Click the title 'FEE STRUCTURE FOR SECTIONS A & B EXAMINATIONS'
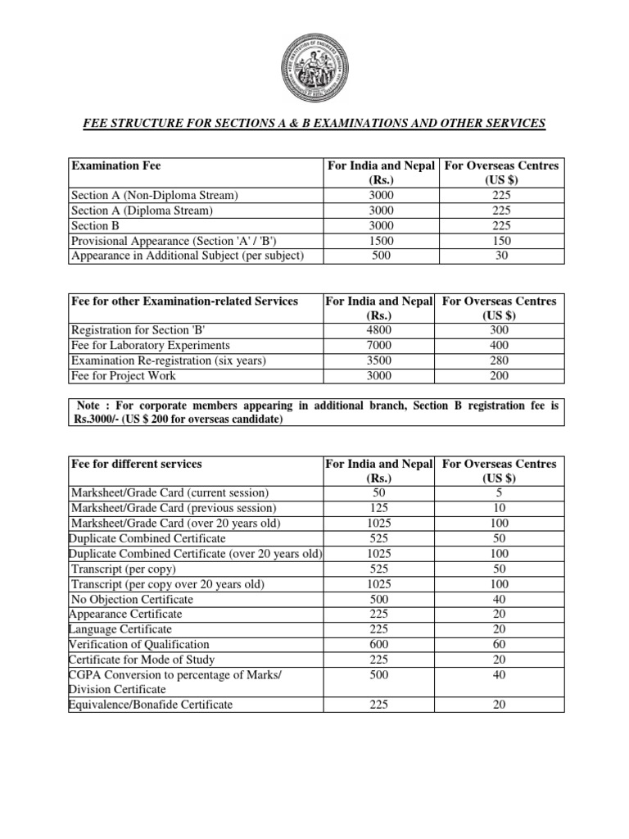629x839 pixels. (314, 123)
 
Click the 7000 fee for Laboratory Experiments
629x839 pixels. (380, 346)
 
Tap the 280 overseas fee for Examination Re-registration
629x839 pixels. (500, 361)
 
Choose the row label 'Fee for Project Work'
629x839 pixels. (123, 376)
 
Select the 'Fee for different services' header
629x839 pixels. (136, 464)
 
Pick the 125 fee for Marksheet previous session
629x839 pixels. (380, 509)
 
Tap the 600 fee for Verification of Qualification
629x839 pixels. (380, 644)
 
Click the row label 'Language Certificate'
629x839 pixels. (120, 629)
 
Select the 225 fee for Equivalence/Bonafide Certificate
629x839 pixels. (380, 704)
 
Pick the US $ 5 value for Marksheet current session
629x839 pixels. (500, 493)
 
